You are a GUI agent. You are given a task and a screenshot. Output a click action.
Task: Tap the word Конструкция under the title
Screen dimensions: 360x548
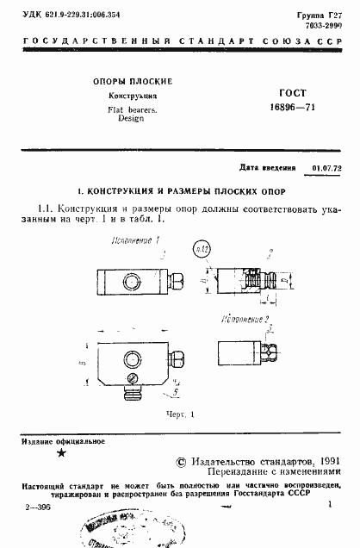[132, 97]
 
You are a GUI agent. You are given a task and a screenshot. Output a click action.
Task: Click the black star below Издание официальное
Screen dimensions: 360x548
[60, 453]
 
